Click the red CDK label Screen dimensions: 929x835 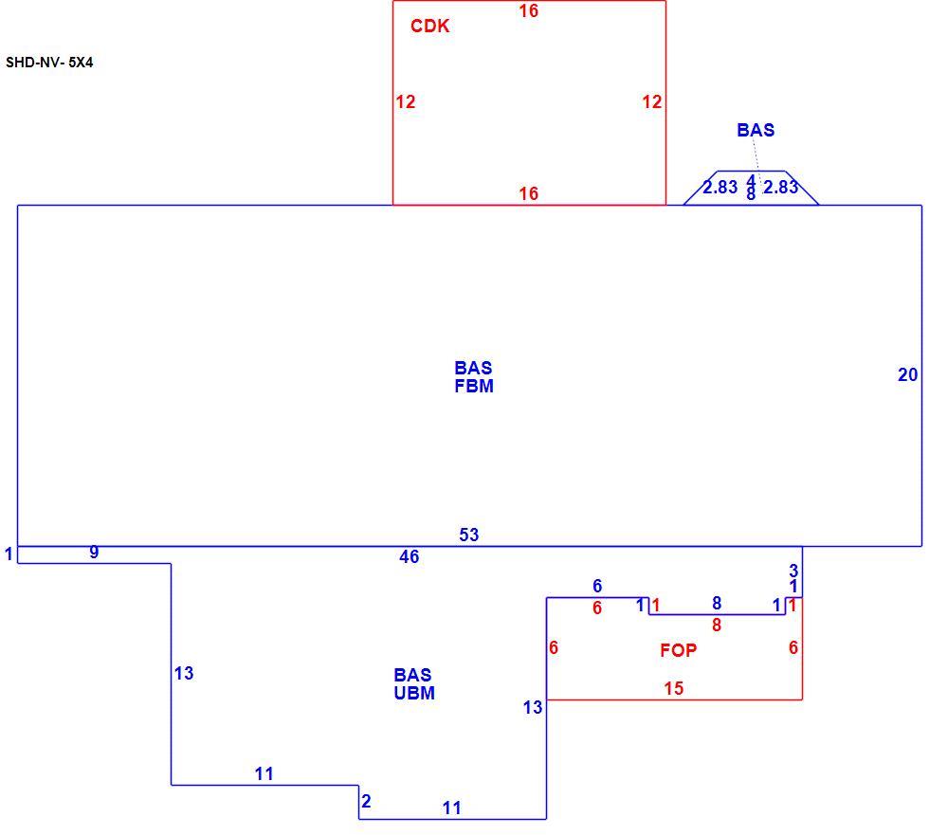(x=429, y=26)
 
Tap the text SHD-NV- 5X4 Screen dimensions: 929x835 (x=49, y=63)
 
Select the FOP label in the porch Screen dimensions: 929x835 (x=679, y=650)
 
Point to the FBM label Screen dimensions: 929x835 (x=474, y=386)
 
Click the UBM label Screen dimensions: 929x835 (x=414, y=693)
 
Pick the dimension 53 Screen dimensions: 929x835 (x=468, y=535)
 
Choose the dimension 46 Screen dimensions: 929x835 (x=409, y=556)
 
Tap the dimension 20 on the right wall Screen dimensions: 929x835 (x=908, y=375)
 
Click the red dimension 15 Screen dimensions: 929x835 (x=674, y=689)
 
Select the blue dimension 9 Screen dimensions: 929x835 (x=94, y=552)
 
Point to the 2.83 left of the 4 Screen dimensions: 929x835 (x=720, y=187)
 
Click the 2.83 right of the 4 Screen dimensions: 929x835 (x=780, y=187)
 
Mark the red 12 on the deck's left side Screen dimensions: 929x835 (x=406, y=101)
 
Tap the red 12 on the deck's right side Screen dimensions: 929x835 (x=652, y=101)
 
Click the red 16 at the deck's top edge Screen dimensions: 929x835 (x=529, y=10)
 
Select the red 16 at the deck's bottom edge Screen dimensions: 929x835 (x=529, y=193)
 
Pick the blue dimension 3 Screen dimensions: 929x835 (x=793, y=571)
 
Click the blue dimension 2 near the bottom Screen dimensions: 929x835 (x=366, y=801)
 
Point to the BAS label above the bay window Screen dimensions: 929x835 (x=756, y=130)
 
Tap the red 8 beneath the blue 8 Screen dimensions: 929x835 (x=717, y=625)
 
